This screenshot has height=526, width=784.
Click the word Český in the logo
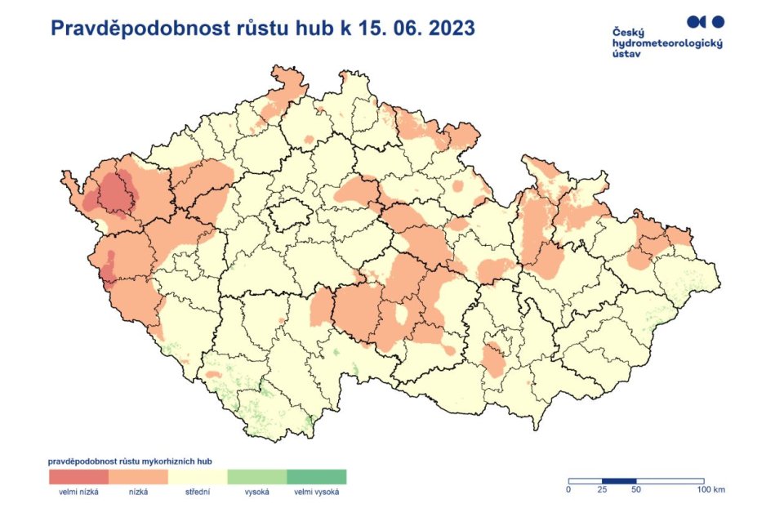click(627, 32)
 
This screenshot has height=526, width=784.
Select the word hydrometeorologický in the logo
click(667, 42)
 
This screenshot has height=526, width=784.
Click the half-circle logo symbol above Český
click(696, 20)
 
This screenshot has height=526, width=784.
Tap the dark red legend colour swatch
click(78, 476)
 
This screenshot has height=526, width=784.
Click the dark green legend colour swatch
click(317, 476)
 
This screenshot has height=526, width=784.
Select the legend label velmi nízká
click(78, 492)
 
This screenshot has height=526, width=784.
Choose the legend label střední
click(198, 492)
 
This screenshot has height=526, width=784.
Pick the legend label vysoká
click(257, 492)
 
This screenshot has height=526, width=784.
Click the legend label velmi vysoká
click(317, 492)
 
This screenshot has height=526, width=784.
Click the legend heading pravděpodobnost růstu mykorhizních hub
click(136, 461)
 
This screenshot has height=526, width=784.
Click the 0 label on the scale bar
click(568, 490)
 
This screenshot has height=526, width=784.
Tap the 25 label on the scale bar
click(602, 490)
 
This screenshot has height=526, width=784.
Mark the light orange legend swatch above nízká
click(138, 476)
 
